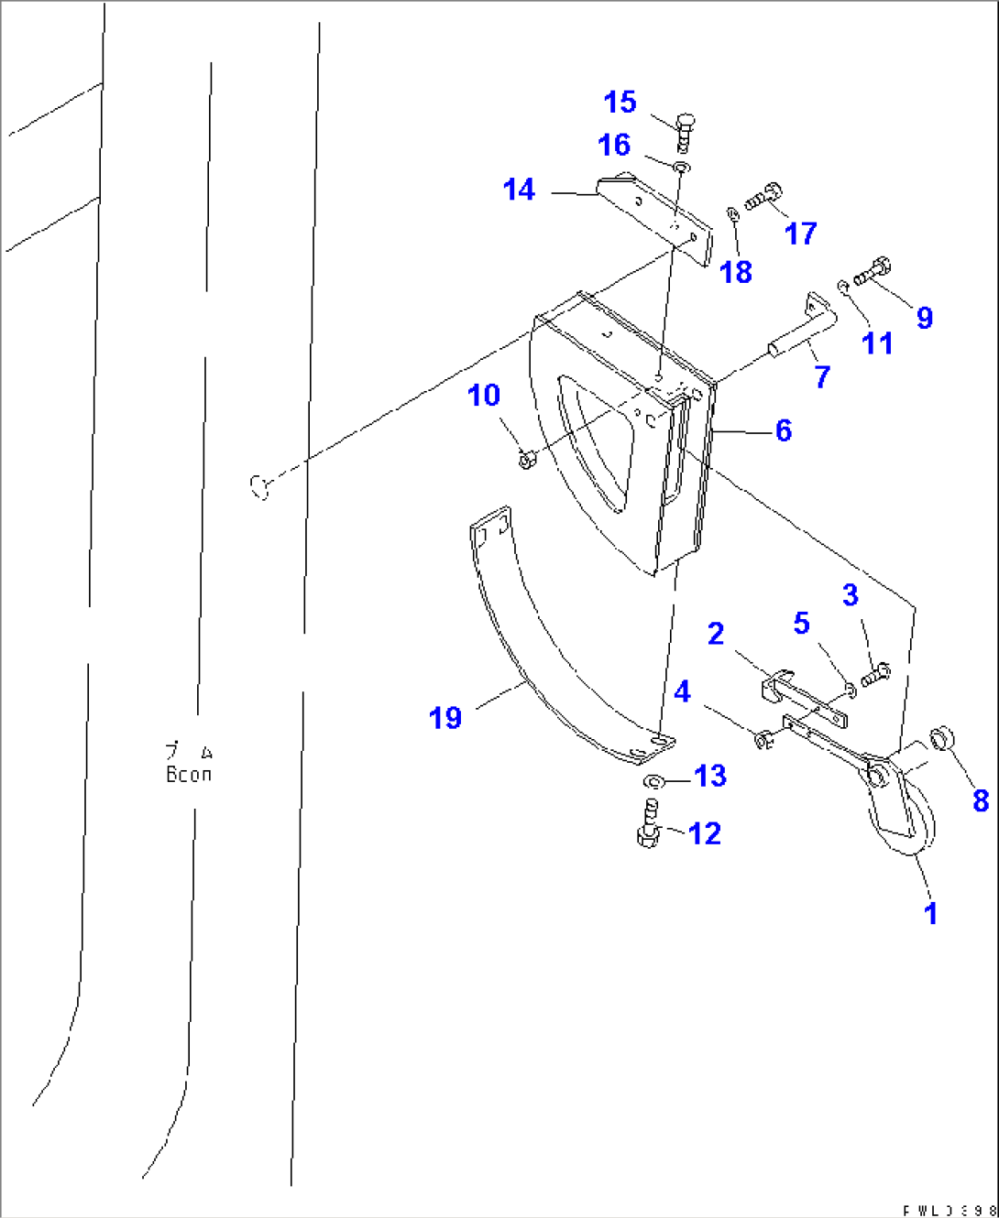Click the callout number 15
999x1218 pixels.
[620, 102]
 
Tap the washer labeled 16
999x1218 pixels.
[681, 167]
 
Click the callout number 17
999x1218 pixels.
[799, 233]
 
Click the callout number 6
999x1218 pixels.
[783, 430]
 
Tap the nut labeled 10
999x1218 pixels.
[526, 460]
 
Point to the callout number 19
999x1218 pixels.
[445, 717]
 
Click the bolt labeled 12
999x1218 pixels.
[649, 823]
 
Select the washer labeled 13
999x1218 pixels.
[654, 782]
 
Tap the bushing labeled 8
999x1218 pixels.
[942, 737]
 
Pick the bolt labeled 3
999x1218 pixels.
[876, 674]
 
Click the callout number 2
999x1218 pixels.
[715, 633]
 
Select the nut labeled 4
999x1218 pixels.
[763, 738]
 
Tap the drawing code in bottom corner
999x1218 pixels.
[948, 1209]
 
